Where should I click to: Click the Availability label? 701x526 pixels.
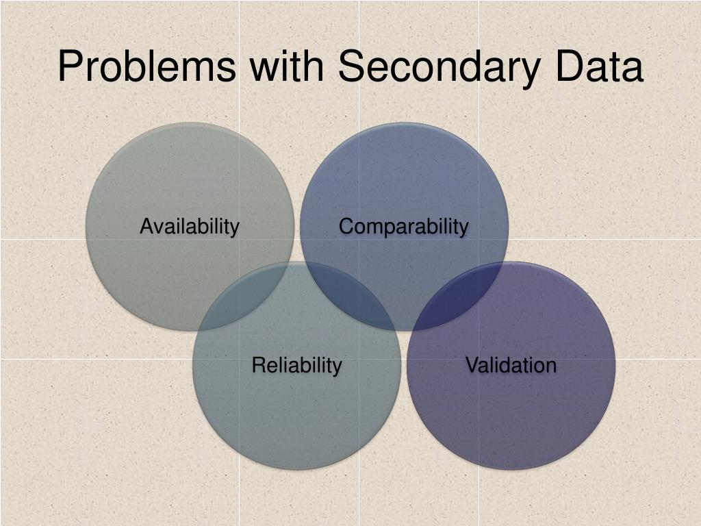[190, 226]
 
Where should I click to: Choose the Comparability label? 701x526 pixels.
[404, 226]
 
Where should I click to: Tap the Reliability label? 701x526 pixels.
[296, 365]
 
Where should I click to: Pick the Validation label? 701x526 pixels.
[511, 365]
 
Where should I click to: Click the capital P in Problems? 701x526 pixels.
[70, 67]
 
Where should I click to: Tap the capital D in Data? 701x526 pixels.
[557, 67]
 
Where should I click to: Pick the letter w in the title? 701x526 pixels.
[264, 68]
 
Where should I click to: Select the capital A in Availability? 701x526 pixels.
[146, 226]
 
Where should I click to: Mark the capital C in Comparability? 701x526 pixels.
[346, 226]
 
